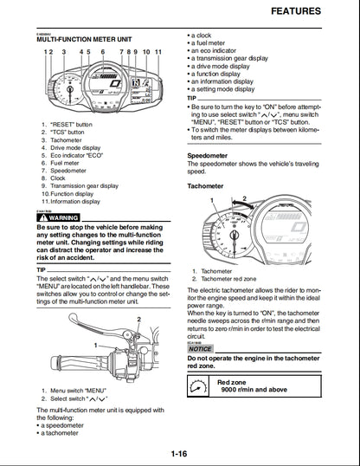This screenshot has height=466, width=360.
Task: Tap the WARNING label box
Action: (x=58, y=217)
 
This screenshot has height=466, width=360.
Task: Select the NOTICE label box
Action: (x=201, y=348)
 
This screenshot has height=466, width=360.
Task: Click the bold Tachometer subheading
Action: (x=206, y=185)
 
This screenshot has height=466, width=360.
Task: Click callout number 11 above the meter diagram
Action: (x=158, y=52)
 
